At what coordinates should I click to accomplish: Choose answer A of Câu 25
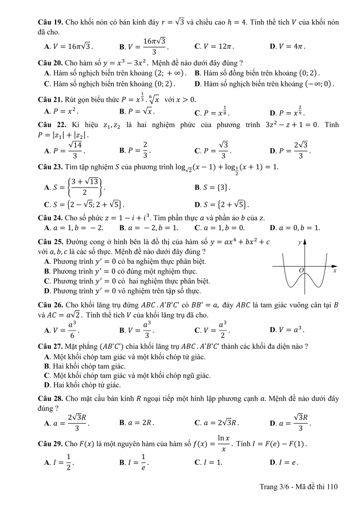click(x=125, y=261)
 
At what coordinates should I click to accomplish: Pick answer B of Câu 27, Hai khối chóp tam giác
click(x=82, y=366)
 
